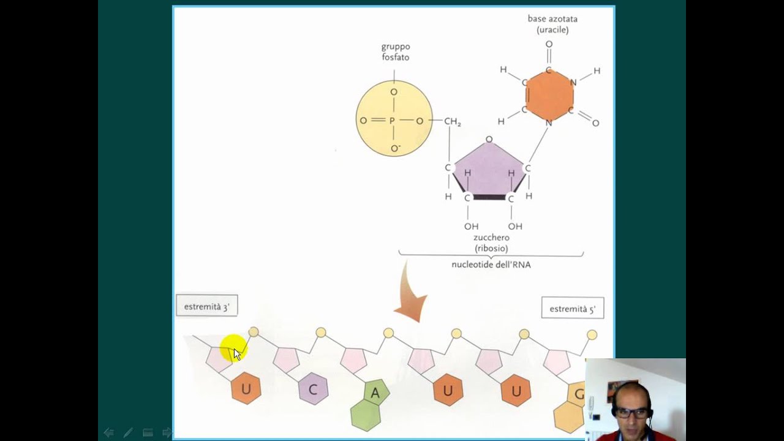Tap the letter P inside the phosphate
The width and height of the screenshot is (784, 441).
click(392, 121)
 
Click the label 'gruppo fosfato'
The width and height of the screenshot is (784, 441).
click(395, 52)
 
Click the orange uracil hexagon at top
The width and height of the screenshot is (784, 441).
click(549, 96)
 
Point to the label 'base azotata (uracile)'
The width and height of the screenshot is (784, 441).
click(552, 24)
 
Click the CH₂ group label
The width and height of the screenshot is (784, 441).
click(452, 122)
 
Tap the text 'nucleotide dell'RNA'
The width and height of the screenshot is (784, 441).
click(491, 265)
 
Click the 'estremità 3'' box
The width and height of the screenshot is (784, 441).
click(206, 306)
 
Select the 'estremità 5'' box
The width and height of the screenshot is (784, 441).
click(572, 309)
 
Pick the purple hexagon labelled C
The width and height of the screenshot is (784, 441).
click(313, 390)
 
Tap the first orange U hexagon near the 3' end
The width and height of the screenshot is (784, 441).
click(246, 389)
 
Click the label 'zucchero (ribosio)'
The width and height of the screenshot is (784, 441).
click(491, 243)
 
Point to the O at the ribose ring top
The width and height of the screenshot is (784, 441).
click(489, 140)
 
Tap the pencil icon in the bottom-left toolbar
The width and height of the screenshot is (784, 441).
click(128, 432)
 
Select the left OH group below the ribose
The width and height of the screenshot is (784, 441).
click(470, 227)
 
